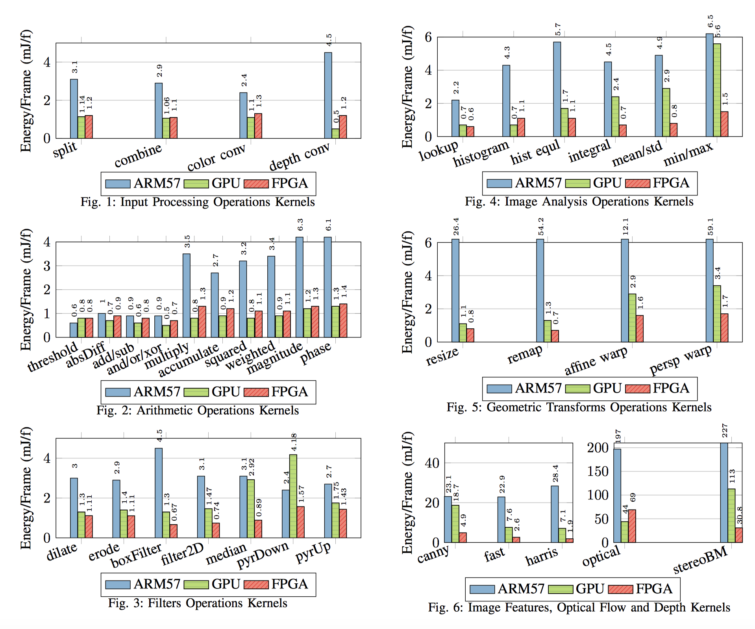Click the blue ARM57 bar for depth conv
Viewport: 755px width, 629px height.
pos(328,95)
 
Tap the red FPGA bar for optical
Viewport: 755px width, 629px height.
pos(632,526)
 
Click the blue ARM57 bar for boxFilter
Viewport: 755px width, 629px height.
pos(159,493)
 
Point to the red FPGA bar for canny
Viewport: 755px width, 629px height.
pos(463,538)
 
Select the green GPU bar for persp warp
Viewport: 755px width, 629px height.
pos(717,313)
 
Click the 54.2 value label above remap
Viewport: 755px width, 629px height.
pos(541,227)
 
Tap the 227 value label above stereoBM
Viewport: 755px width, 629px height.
pos(725,430)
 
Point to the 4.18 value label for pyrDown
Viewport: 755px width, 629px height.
pos(294,442)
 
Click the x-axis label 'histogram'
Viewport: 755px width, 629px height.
pos(481,153)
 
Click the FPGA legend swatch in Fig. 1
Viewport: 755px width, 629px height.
pos(256,184)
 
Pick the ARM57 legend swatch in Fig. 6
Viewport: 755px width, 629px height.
pos(482,589)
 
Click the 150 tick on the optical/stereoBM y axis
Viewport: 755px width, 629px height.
pos(598,471)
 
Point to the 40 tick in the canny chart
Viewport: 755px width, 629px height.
pos(432,463)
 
